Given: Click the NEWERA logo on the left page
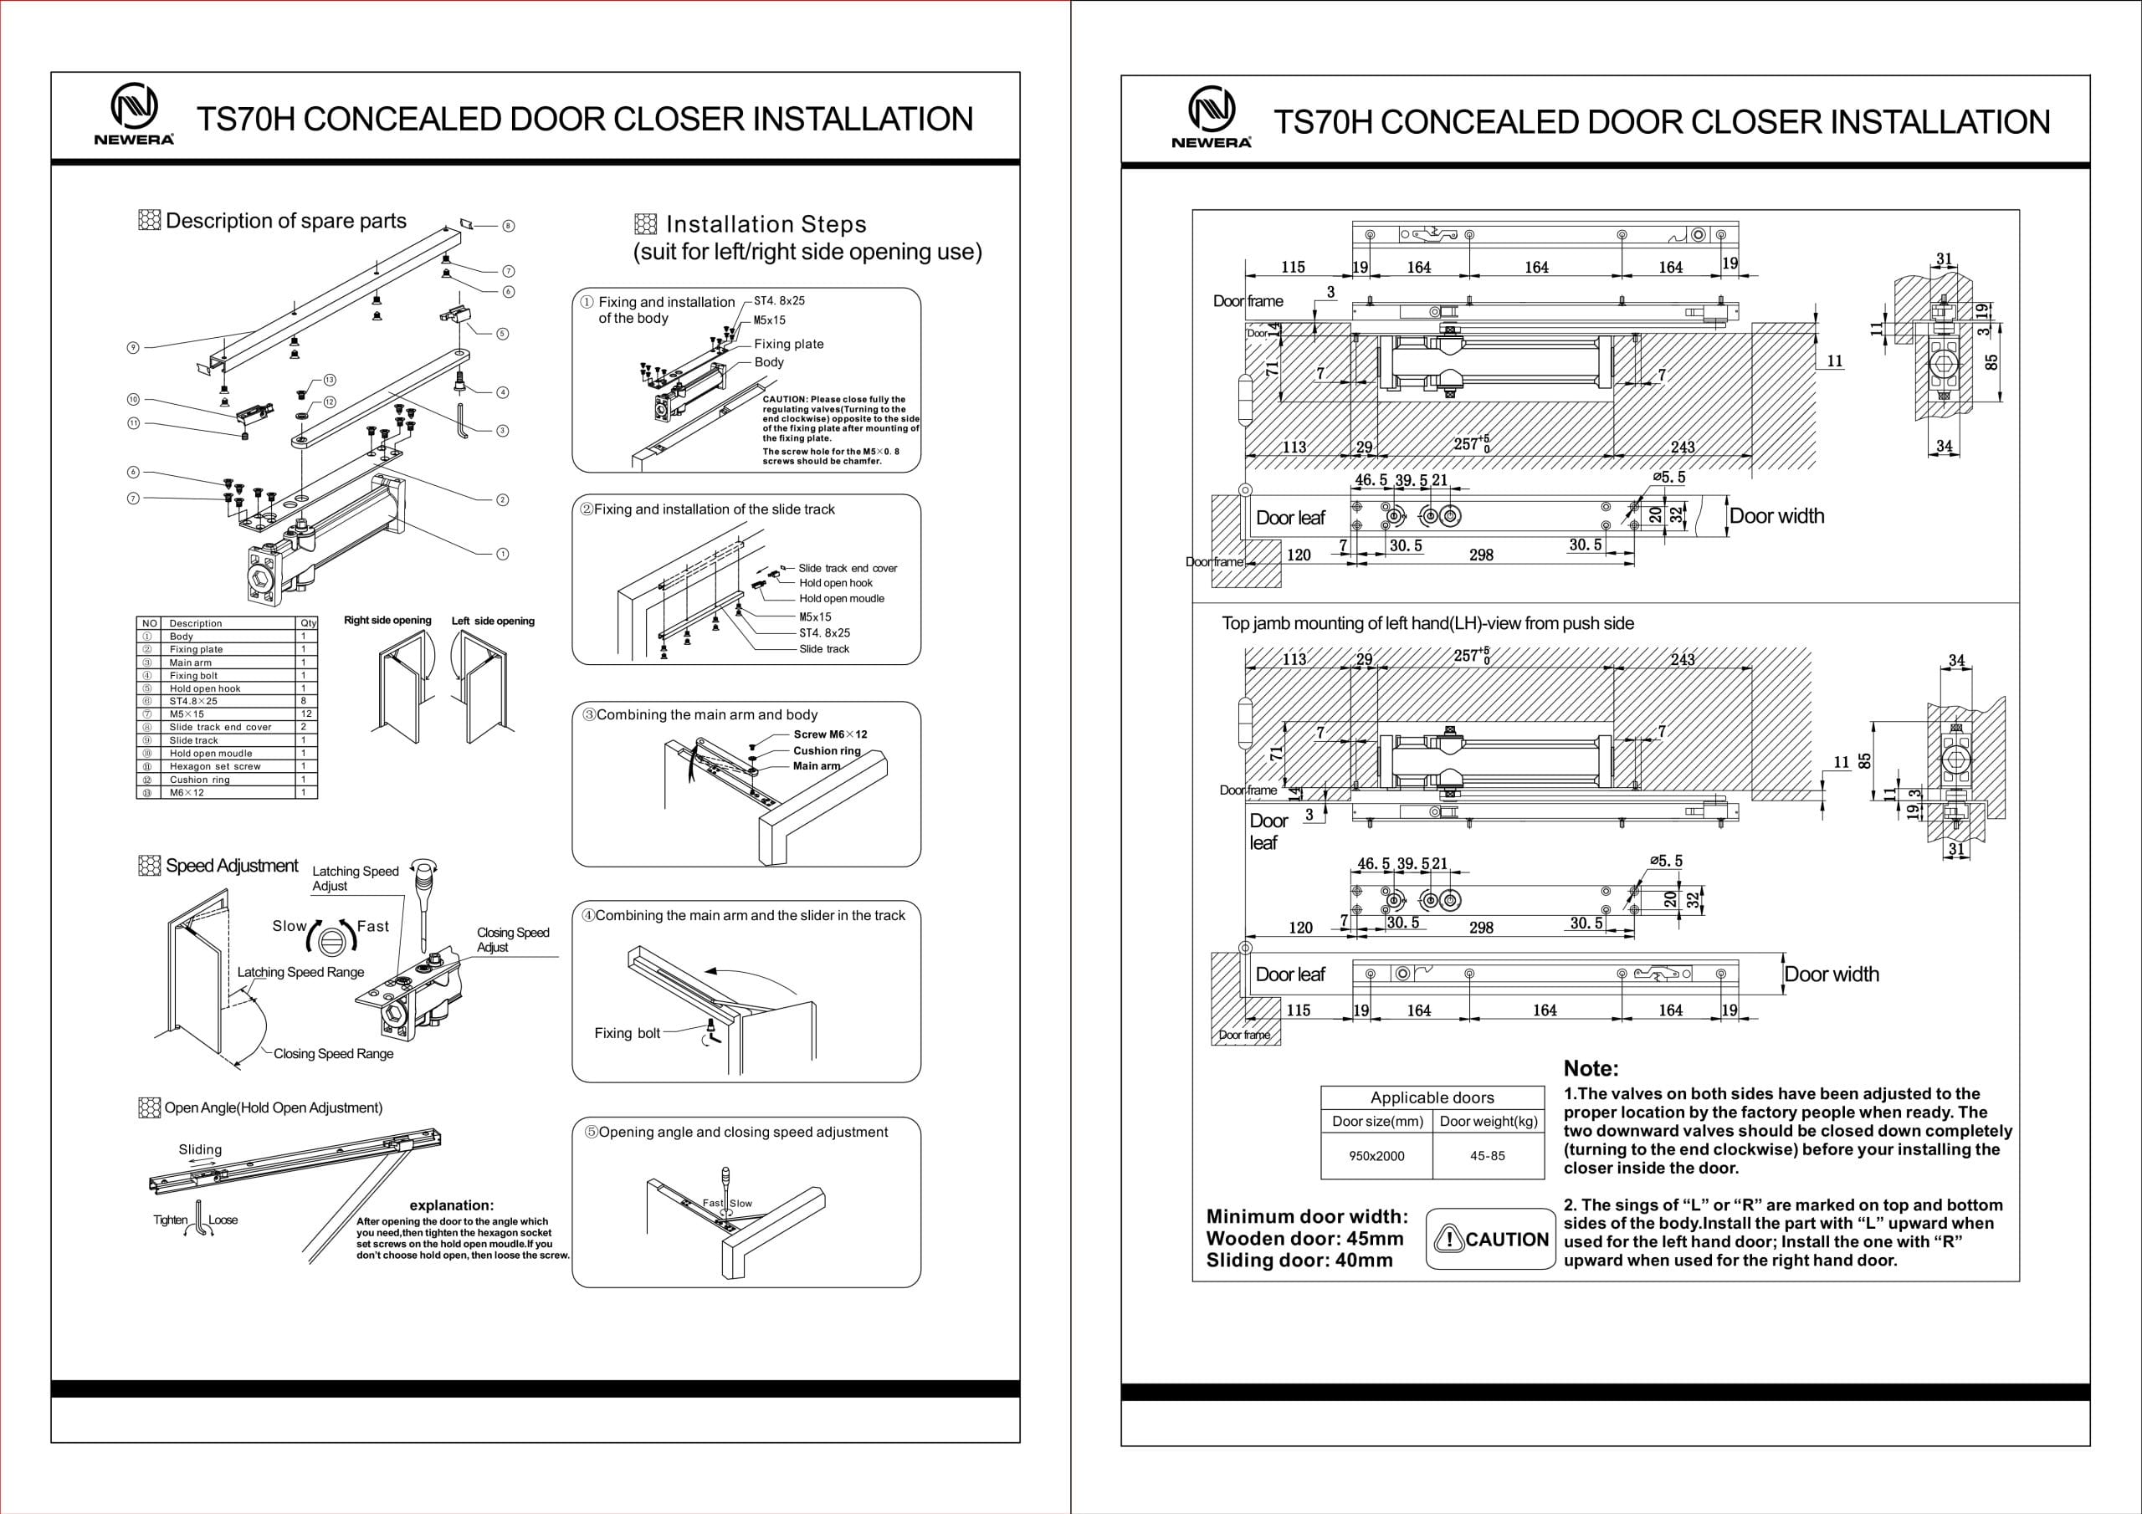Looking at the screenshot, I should click(135, 115).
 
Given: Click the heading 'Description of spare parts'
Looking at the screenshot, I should click(285, 221).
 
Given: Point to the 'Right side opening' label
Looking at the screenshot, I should click(387, 621).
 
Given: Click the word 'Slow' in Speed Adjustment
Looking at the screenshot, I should click(290, 926).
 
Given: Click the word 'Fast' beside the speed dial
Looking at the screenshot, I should click(373, 926).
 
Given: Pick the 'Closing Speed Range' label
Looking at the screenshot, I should click(333, 1054).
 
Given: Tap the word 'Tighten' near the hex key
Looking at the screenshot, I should click(171, 1220).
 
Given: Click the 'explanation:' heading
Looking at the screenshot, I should click(452, 1205).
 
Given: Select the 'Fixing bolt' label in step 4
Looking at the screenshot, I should click(627, 1033).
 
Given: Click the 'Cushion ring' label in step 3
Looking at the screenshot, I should click(827, 750).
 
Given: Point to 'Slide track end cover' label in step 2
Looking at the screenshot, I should click(847, 568).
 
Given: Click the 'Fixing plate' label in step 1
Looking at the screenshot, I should click(788, 345).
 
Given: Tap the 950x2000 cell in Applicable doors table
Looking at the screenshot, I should click(1376, 1156).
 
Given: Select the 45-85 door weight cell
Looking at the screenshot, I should click(1487, 1156).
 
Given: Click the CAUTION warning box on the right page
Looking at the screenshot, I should click(1491, 1240).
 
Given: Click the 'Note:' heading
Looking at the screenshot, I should click(1591, 1069).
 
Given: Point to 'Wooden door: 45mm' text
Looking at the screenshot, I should click(1304, 1239).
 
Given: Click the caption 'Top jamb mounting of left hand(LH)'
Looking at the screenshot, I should click(1427, 623).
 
